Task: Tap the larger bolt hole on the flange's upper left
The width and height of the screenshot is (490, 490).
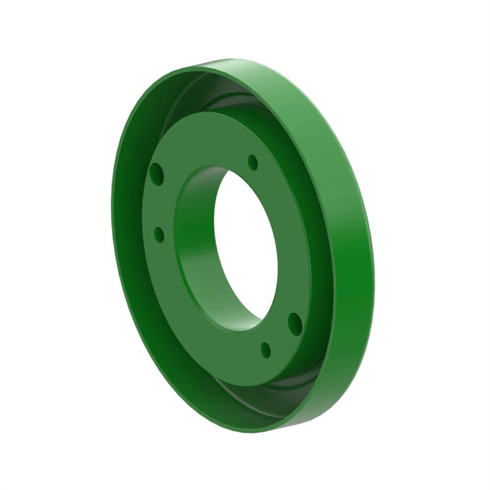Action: [156, 171]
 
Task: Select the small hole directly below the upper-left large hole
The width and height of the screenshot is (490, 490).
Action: [159, 234]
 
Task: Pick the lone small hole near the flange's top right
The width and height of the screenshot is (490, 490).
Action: [253, 162]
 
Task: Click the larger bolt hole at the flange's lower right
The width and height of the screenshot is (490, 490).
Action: [295, 323]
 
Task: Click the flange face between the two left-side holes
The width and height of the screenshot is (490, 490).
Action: [157, 203]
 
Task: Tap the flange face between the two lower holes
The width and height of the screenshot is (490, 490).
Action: [280, 336]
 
